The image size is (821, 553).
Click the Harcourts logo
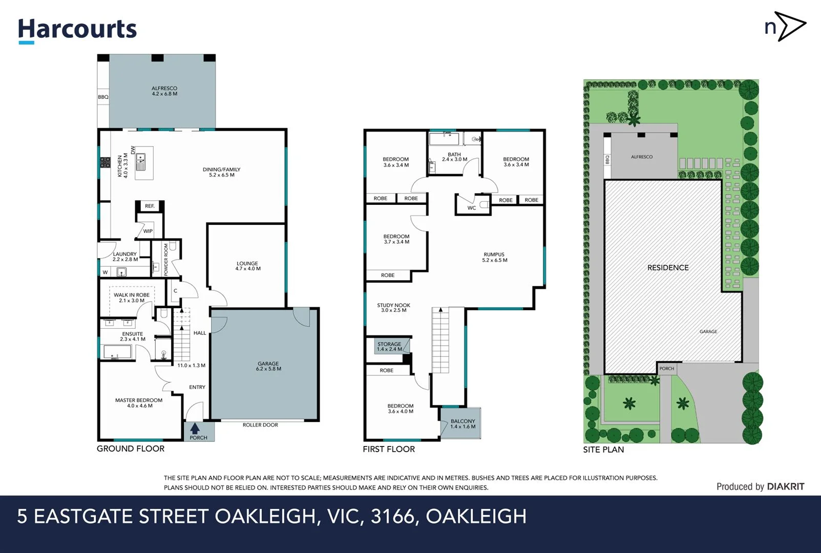(77, 30)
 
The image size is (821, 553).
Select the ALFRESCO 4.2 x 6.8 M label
(164, 91)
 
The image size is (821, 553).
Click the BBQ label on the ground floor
(103, 97)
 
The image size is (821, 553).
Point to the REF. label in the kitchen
(150, 206)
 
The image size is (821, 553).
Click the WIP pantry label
(148, 231)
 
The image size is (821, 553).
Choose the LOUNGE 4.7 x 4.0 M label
(248, 266)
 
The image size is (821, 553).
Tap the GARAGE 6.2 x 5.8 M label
(268, 366)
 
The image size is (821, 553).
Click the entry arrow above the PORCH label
(195, 428)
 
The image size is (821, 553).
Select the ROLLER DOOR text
(260, 425)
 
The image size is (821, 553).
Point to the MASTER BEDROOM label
(139, 403)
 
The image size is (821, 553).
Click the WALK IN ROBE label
(132, 297)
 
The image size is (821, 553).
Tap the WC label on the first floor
(472, 208)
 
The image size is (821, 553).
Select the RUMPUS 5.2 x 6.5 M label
(494, 257)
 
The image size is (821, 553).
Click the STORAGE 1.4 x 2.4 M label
(389, 347)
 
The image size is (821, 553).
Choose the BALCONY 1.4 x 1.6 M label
(462, 423)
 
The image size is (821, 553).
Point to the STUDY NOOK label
(393, 307)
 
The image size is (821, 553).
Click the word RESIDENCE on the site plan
(668, 268)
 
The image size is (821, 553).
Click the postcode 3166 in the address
(392, 516)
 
